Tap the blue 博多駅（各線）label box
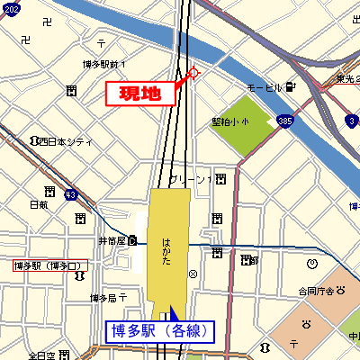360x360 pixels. (x=162, y=331)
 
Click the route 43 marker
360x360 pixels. (x=72, y=193)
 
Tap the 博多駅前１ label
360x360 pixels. (x=104, y=64)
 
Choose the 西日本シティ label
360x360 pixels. (x=66, y=141)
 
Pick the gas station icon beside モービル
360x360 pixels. (x=291, y=87)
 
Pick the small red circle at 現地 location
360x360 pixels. (x=193, y=73)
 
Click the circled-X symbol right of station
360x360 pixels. (x=192, y=274)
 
